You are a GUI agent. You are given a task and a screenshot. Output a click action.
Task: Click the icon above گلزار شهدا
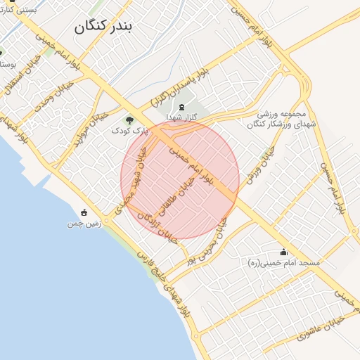point(182,106)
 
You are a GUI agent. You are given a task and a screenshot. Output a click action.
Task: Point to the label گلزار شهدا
point(182,117)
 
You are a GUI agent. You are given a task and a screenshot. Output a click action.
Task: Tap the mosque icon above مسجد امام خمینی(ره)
point(284,252)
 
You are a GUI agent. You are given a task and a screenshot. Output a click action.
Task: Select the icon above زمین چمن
point(84,212)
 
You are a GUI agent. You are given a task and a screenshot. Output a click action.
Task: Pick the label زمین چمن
point(84,224)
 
